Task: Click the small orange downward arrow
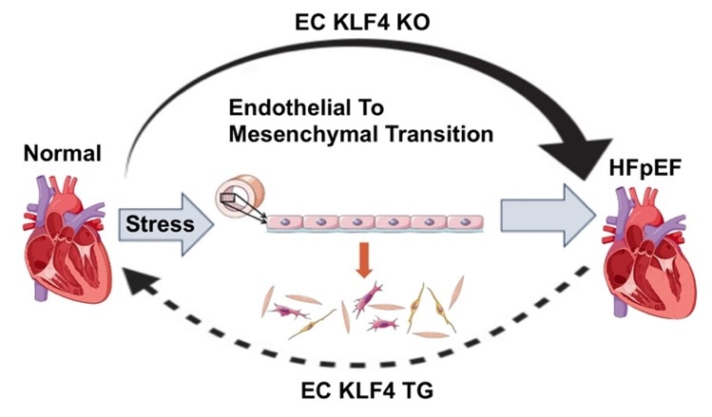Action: (363, 260)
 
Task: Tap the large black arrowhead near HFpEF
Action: (577, 153)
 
